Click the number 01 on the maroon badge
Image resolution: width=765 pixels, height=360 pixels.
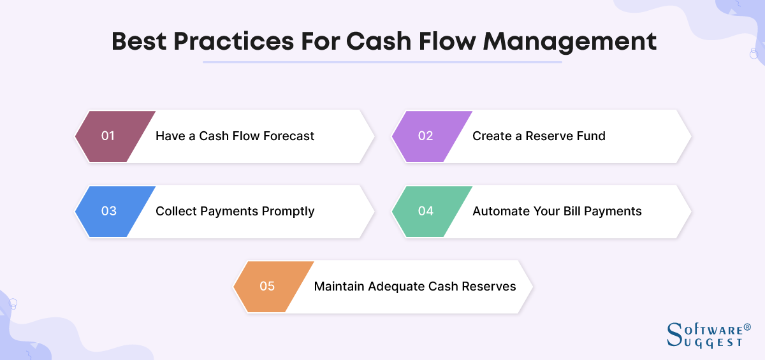(108, 136)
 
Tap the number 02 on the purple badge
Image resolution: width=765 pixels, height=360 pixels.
(425, 136)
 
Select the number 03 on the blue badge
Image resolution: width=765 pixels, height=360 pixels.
(108, 211)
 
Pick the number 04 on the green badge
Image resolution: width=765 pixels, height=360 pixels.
(425, 211)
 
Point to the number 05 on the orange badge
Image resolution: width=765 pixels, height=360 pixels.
(267, 286)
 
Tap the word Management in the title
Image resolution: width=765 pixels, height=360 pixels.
(570, 41)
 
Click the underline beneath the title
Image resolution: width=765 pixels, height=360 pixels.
(382, 62)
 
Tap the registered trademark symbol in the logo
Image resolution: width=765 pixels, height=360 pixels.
(747, 327)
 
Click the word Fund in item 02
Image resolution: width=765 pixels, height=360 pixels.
(591, 136)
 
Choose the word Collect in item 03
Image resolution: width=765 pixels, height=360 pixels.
(177, 211)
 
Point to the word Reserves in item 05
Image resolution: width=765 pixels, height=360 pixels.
(490, 286)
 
